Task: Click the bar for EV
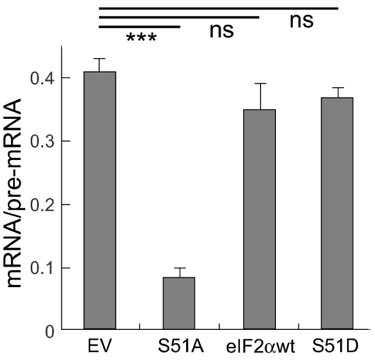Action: [99, 201]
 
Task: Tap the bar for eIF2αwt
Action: [259, 219]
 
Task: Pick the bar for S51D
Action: [337, 214]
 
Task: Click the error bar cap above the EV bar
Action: [99, 59]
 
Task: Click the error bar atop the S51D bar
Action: [337, 92]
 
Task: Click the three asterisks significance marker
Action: [141, 39]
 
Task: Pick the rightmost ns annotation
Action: [301, 20]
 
